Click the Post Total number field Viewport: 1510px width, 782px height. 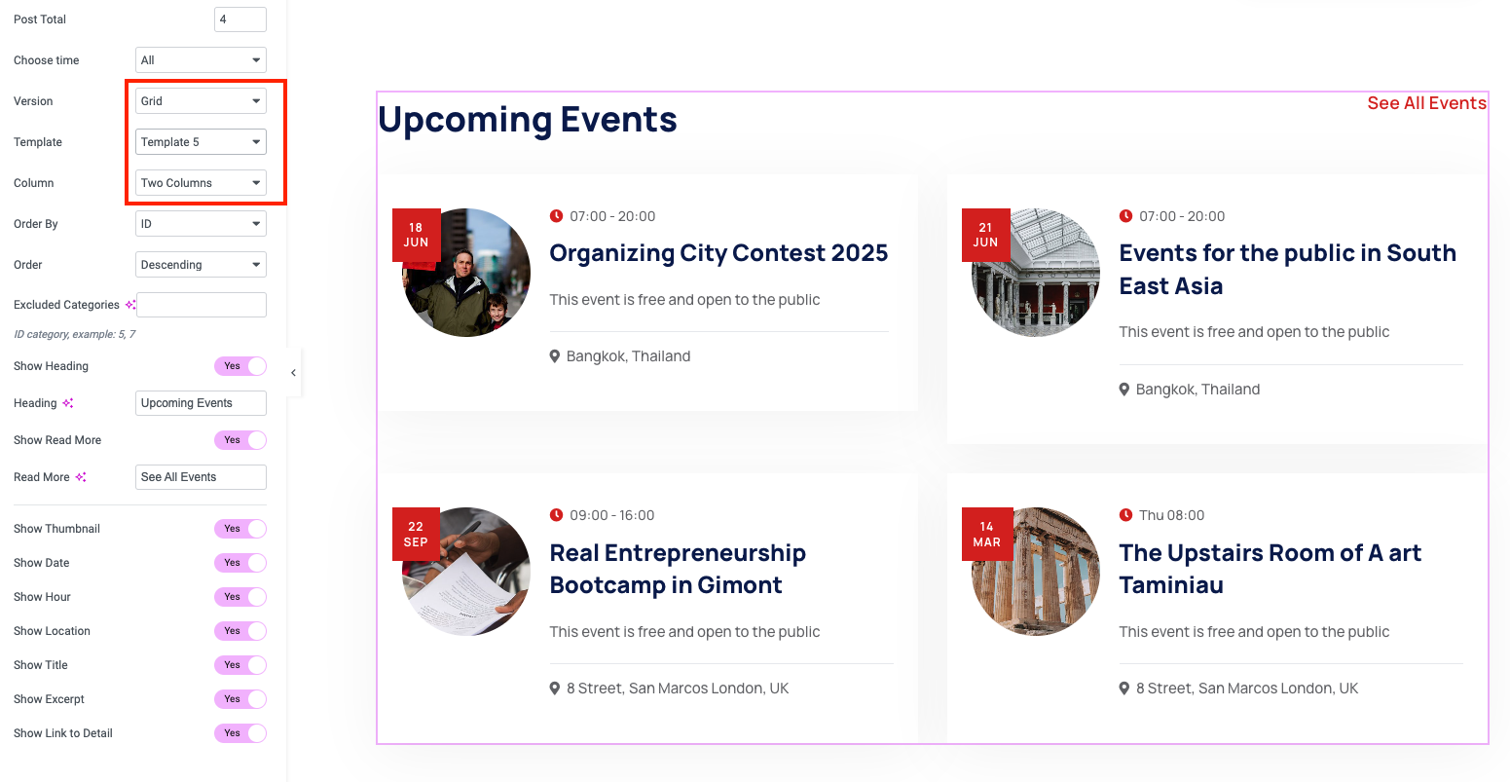239,19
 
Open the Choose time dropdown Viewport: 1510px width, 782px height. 201,60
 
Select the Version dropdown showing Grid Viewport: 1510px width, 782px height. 201,101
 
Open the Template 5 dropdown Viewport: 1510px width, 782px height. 201,141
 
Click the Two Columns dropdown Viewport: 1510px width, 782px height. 201,183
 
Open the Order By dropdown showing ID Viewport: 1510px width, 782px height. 201,224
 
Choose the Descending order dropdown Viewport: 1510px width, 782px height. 201,264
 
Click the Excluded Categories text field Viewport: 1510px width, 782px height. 201,305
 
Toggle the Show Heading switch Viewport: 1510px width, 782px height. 240,366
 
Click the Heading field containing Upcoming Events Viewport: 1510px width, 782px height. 201,403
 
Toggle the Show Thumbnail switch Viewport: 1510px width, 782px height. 240,529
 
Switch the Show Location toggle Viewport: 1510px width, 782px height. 240,631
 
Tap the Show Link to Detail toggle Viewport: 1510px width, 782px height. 240,732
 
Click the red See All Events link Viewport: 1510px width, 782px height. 1426,103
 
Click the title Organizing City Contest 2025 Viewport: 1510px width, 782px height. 718,253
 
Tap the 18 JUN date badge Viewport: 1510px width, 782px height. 417,235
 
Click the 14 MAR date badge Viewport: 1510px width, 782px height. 987,534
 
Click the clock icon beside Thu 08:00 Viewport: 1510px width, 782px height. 1125,515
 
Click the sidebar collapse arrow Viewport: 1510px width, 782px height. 293,373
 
